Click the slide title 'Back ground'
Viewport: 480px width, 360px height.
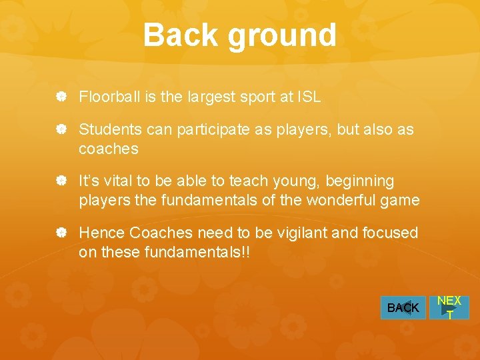[x=239, y=35]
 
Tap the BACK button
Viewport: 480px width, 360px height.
[x=403, y=308]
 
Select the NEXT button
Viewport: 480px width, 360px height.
[x=449, y=308]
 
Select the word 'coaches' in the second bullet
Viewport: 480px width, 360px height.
[x=108, y=149]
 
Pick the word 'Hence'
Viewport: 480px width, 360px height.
[x=102, y=233]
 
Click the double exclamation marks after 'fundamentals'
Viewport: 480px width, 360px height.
[x=245, y=253]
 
